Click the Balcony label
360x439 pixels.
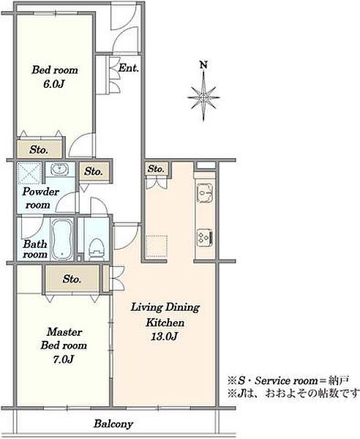click(x=113, y=424)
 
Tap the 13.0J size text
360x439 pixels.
click(x=164, y=337)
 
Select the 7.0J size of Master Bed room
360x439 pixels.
click(x=63, y=359)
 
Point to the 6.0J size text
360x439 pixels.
click(x=54, y=83)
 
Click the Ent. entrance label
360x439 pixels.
click(x=129, y=68)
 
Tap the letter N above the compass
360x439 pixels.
click(x=204, y=65)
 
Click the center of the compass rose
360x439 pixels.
click(x=203, y=97)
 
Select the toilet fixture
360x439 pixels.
click(x=97, y=248)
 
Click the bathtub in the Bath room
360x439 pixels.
click(x=62, y=239)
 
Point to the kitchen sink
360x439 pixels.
click(x=205, y=192)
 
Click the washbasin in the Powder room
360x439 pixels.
click(x=59, y=169)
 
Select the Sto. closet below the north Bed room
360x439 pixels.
click(x=39, y=149)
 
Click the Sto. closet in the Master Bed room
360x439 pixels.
click(x=72, y=279)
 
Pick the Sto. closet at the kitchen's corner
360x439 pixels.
click(x=156, y=168)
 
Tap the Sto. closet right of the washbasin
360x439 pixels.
click(x=94, y=171)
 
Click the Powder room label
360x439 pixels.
click(x=40, y=198)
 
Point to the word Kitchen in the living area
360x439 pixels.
click(x=165, y=323)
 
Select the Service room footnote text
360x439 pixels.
click(x=288, y=380)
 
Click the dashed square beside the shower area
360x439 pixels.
click(x=30, y=173)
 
